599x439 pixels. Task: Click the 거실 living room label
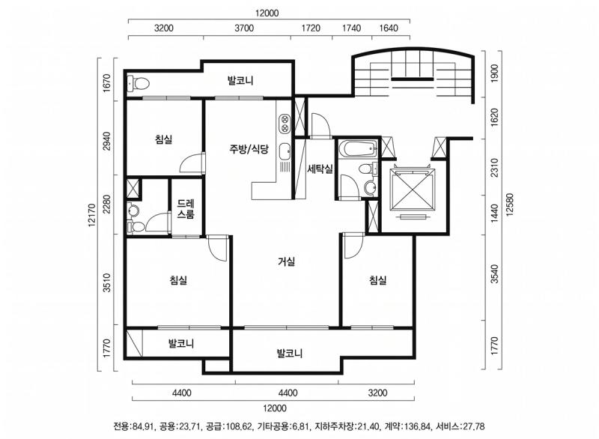[286, 261]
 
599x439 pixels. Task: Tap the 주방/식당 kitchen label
[249, 148]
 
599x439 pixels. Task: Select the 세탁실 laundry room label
[319, 169]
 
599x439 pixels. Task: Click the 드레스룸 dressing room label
[186, 209]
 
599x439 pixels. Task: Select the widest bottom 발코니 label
[289, 353]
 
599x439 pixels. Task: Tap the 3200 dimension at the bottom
[377, 393]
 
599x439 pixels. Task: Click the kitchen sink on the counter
[285, 154]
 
